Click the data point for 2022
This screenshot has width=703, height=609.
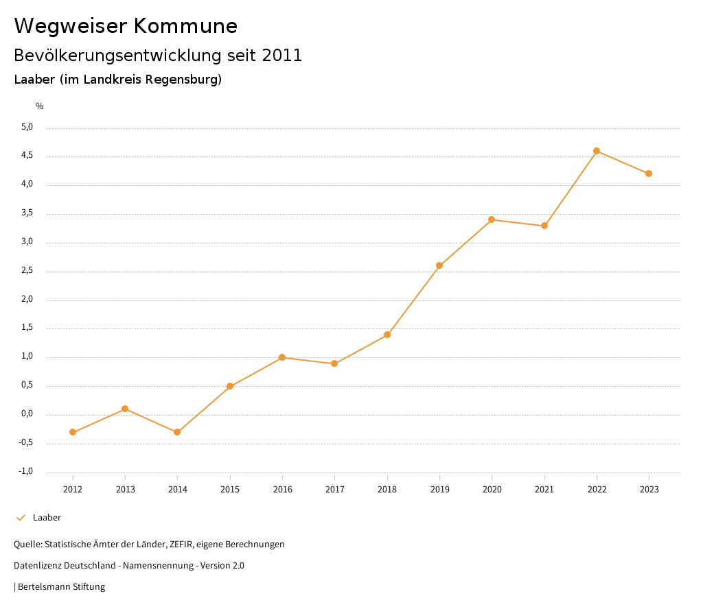coord(597,151)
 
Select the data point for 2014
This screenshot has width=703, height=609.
coord(177,432)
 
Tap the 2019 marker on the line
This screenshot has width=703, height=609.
coord(439,265)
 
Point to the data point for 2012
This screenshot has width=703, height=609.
coord(73,432)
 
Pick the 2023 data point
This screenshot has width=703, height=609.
coord(649,174)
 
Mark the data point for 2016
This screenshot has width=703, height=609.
coord(282,357)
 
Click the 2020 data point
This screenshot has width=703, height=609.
coord(492,219)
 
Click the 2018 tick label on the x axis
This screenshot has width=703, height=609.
coord(387,489)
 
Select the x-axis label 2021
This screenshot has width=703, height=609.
coord(544,489)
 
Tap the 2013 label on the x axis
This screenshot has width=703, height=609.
coord(125,489)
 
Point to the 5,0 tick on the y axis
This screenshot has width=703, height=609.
coord(27,127)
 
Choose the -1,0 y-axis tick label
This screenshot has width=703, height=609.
coord(26,471)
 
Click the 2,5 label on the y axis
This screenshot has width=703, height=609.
coord(27,271)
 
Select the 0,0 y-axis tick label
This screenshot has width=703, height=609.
coord(27,414)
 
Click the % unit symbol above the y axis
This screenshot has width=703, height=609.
coord(40,106)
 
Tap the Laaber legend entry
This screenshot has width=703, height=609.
coord(47,518)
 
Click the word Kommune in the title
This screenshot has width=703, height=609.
coord(185,26)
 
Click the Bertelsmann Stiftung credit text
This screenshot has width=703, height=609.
coord(61,587)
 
